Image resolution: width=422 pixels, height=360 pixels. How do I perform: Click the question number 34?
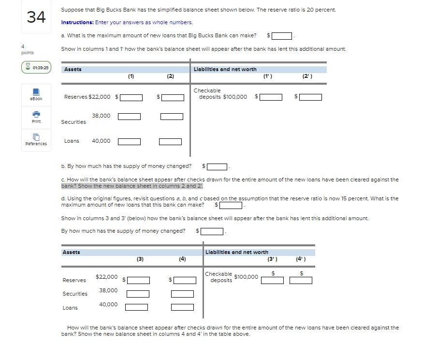click(36, 17)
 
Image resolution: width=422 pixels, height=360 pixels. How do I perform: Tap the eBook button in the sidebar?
click(36, 94)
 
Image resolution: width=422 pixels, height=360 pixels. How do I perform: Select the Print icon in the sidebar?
click(36, 117)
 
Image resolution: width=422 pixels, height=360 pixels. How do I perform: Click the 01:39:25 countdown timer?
click(36, 68)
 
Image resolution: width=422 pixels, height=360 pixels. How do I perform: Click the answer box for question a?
click(282, 35)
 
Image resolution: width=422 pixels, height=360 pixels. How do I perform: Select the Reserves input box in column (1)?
click(131, 97)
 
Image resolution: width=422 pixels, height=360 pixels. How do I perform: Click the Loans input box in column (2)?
click(170, 142)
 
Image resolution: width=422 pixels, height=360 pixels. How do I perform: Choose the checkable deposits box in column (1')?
click(271, 97)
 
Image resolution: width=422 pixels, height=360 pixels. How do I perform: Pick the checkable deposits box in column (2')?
click(310, 97)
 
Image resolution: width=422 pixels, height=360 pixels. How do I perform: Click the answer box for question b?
click(218, 167)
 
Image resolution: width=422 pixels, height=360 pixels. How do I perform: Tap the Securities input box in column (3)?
click(138, 294)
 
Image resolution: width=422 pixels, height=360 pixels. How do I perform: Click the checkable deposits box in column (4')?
click(301, 280)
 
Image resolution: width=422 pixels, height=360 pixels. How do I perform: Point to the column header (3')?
click(272, 259)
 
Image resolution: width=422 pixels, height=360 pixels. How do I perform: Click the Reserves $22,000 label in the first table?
click(87, 97)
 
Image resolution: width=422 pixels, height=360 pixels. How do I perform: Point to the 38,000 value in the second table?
click(108, 290)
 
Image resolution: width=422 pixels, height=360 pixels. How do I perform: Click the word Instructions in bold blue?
click(77, 22)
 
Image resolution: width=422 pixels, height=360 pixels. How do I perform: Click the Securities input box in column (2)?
click(172, 117)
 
